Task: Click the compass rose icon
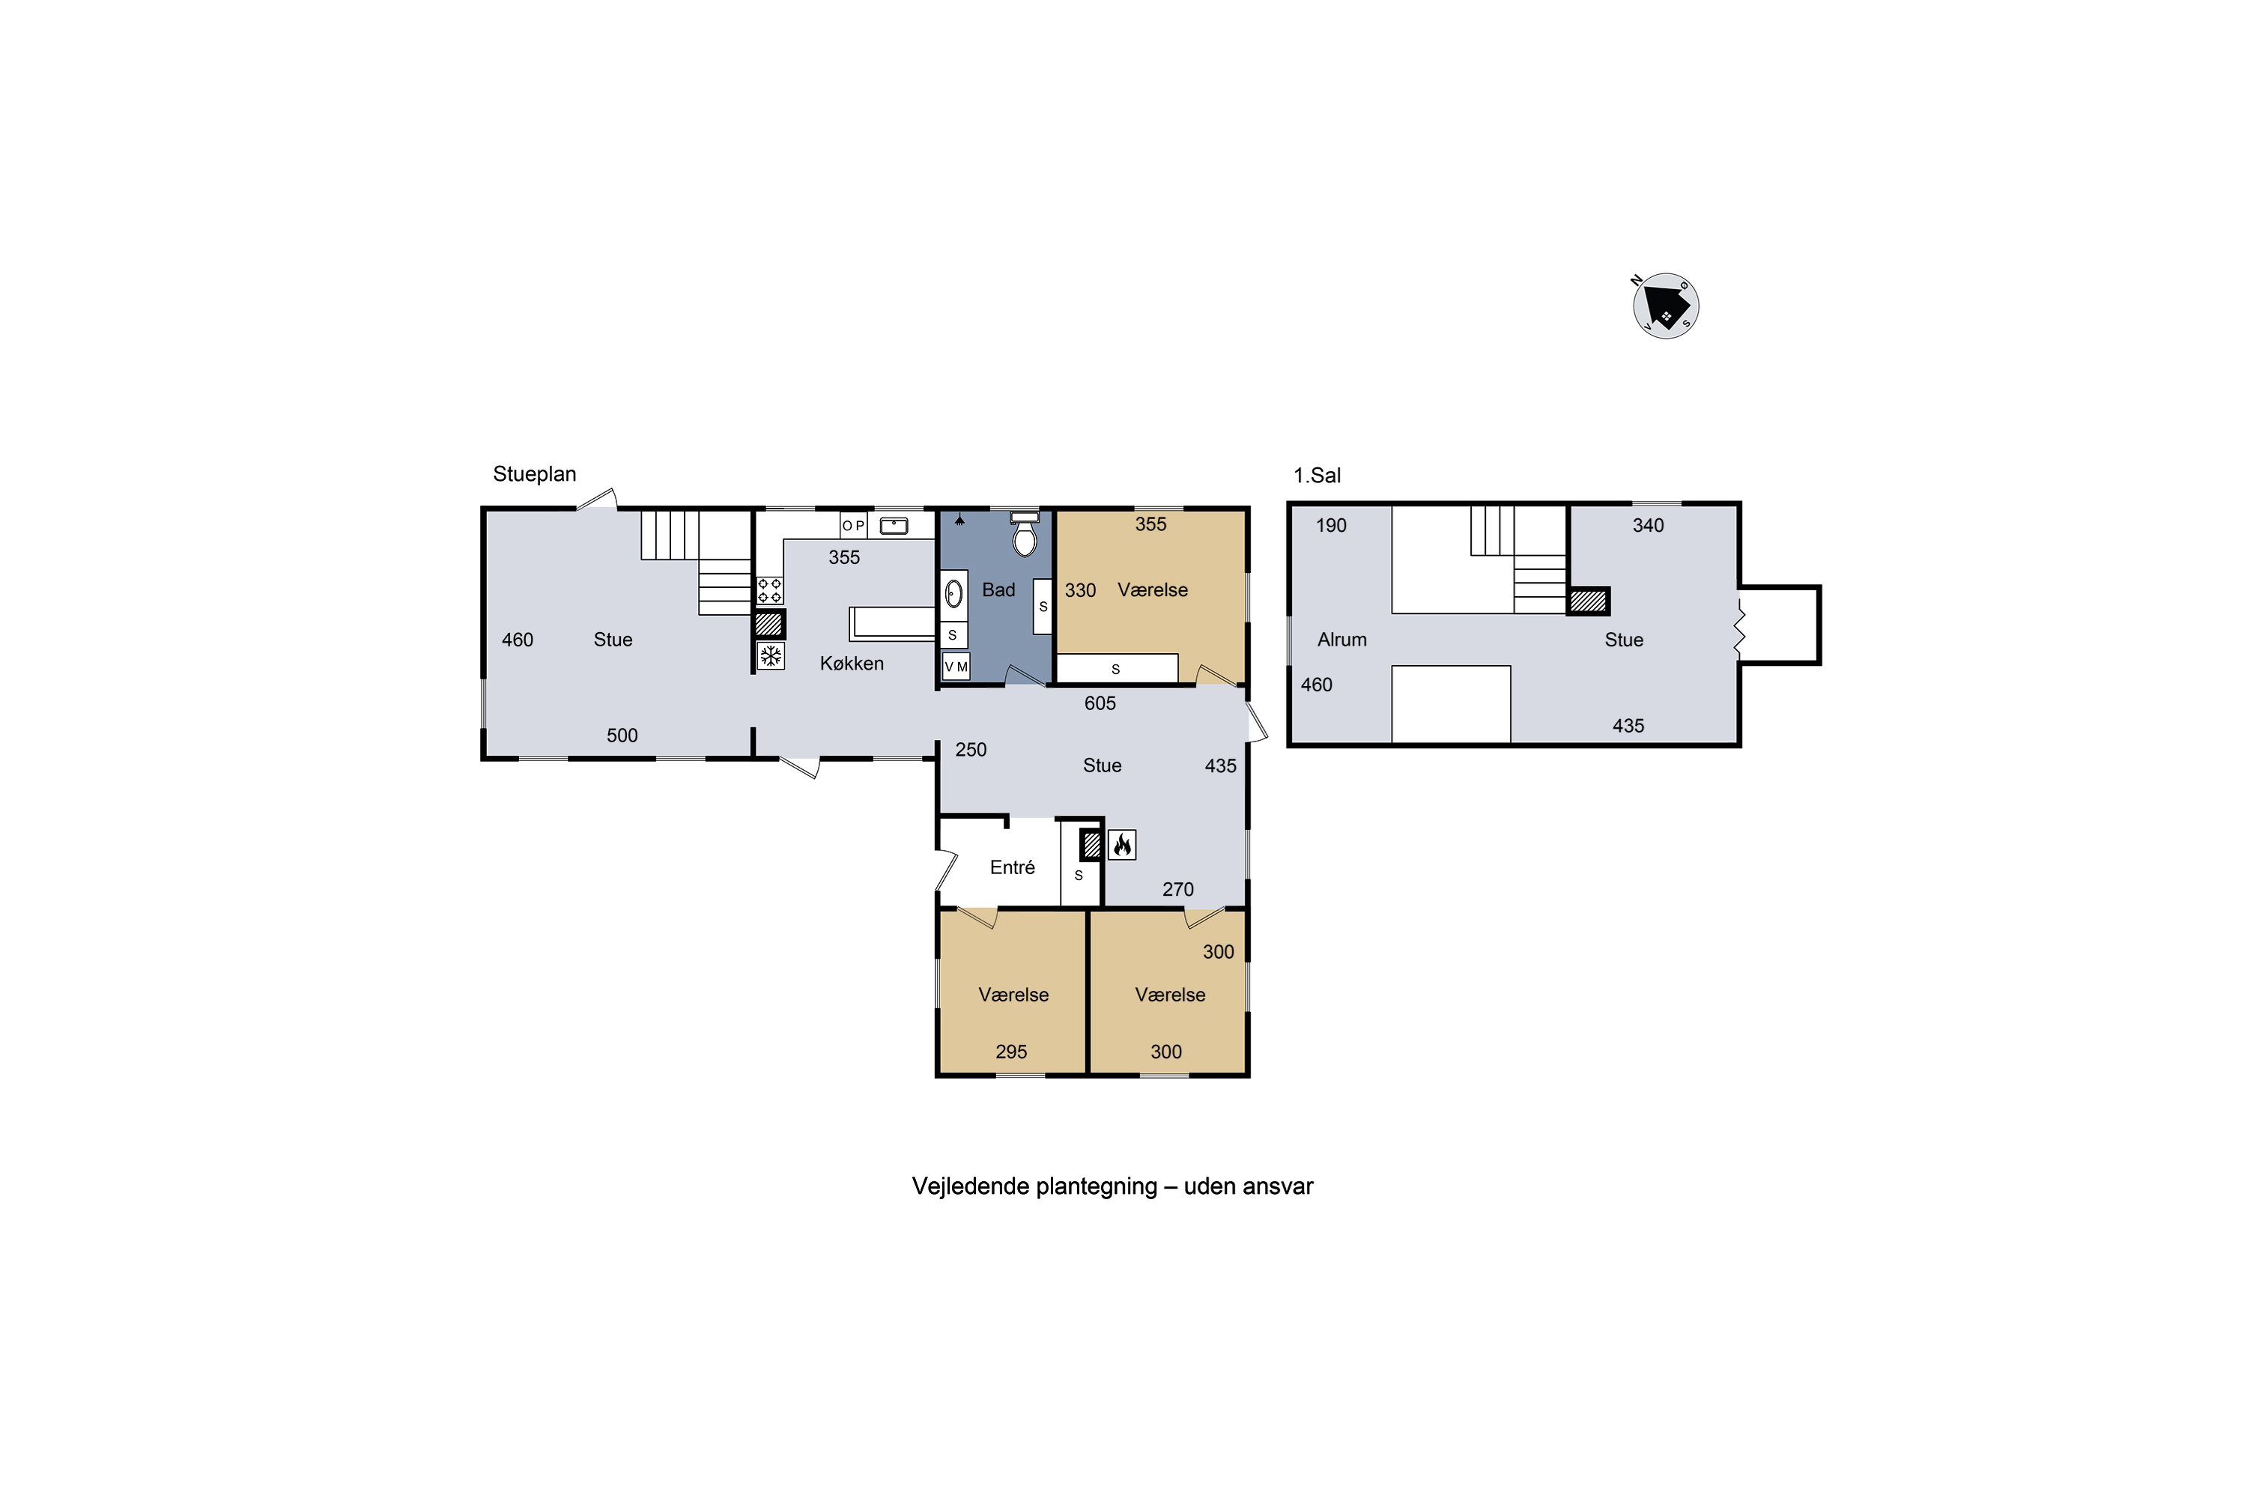click(x=1665, y=306)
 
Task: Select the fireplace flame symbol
click(x=1121, y=845)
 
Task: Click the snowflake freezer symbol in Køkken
click(x=770, y=655)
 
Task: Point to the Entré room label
click(x=1012, y=867)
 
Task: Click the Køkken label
click(x=851, y=663)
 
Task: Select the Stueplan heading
click(x=534, y=474)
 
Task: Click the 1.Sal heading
click(x=1317, y=475)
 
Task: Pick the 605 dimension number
click(x=1100, y=703)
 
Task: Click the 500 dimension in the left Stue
click(x=622, y=736)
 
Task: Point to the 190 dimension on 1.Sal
click(x=1331, y=526)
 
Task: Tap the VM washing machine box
click(x=956, y=667)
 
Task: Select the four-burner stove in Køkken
click(x=770, y=590)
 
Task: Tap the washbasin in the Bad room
click(x=953, y=594)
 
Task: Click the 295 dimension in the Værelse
click(x=1010, y=1052)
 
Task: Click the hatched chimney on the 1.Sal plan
click(x=1588, y=601)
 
